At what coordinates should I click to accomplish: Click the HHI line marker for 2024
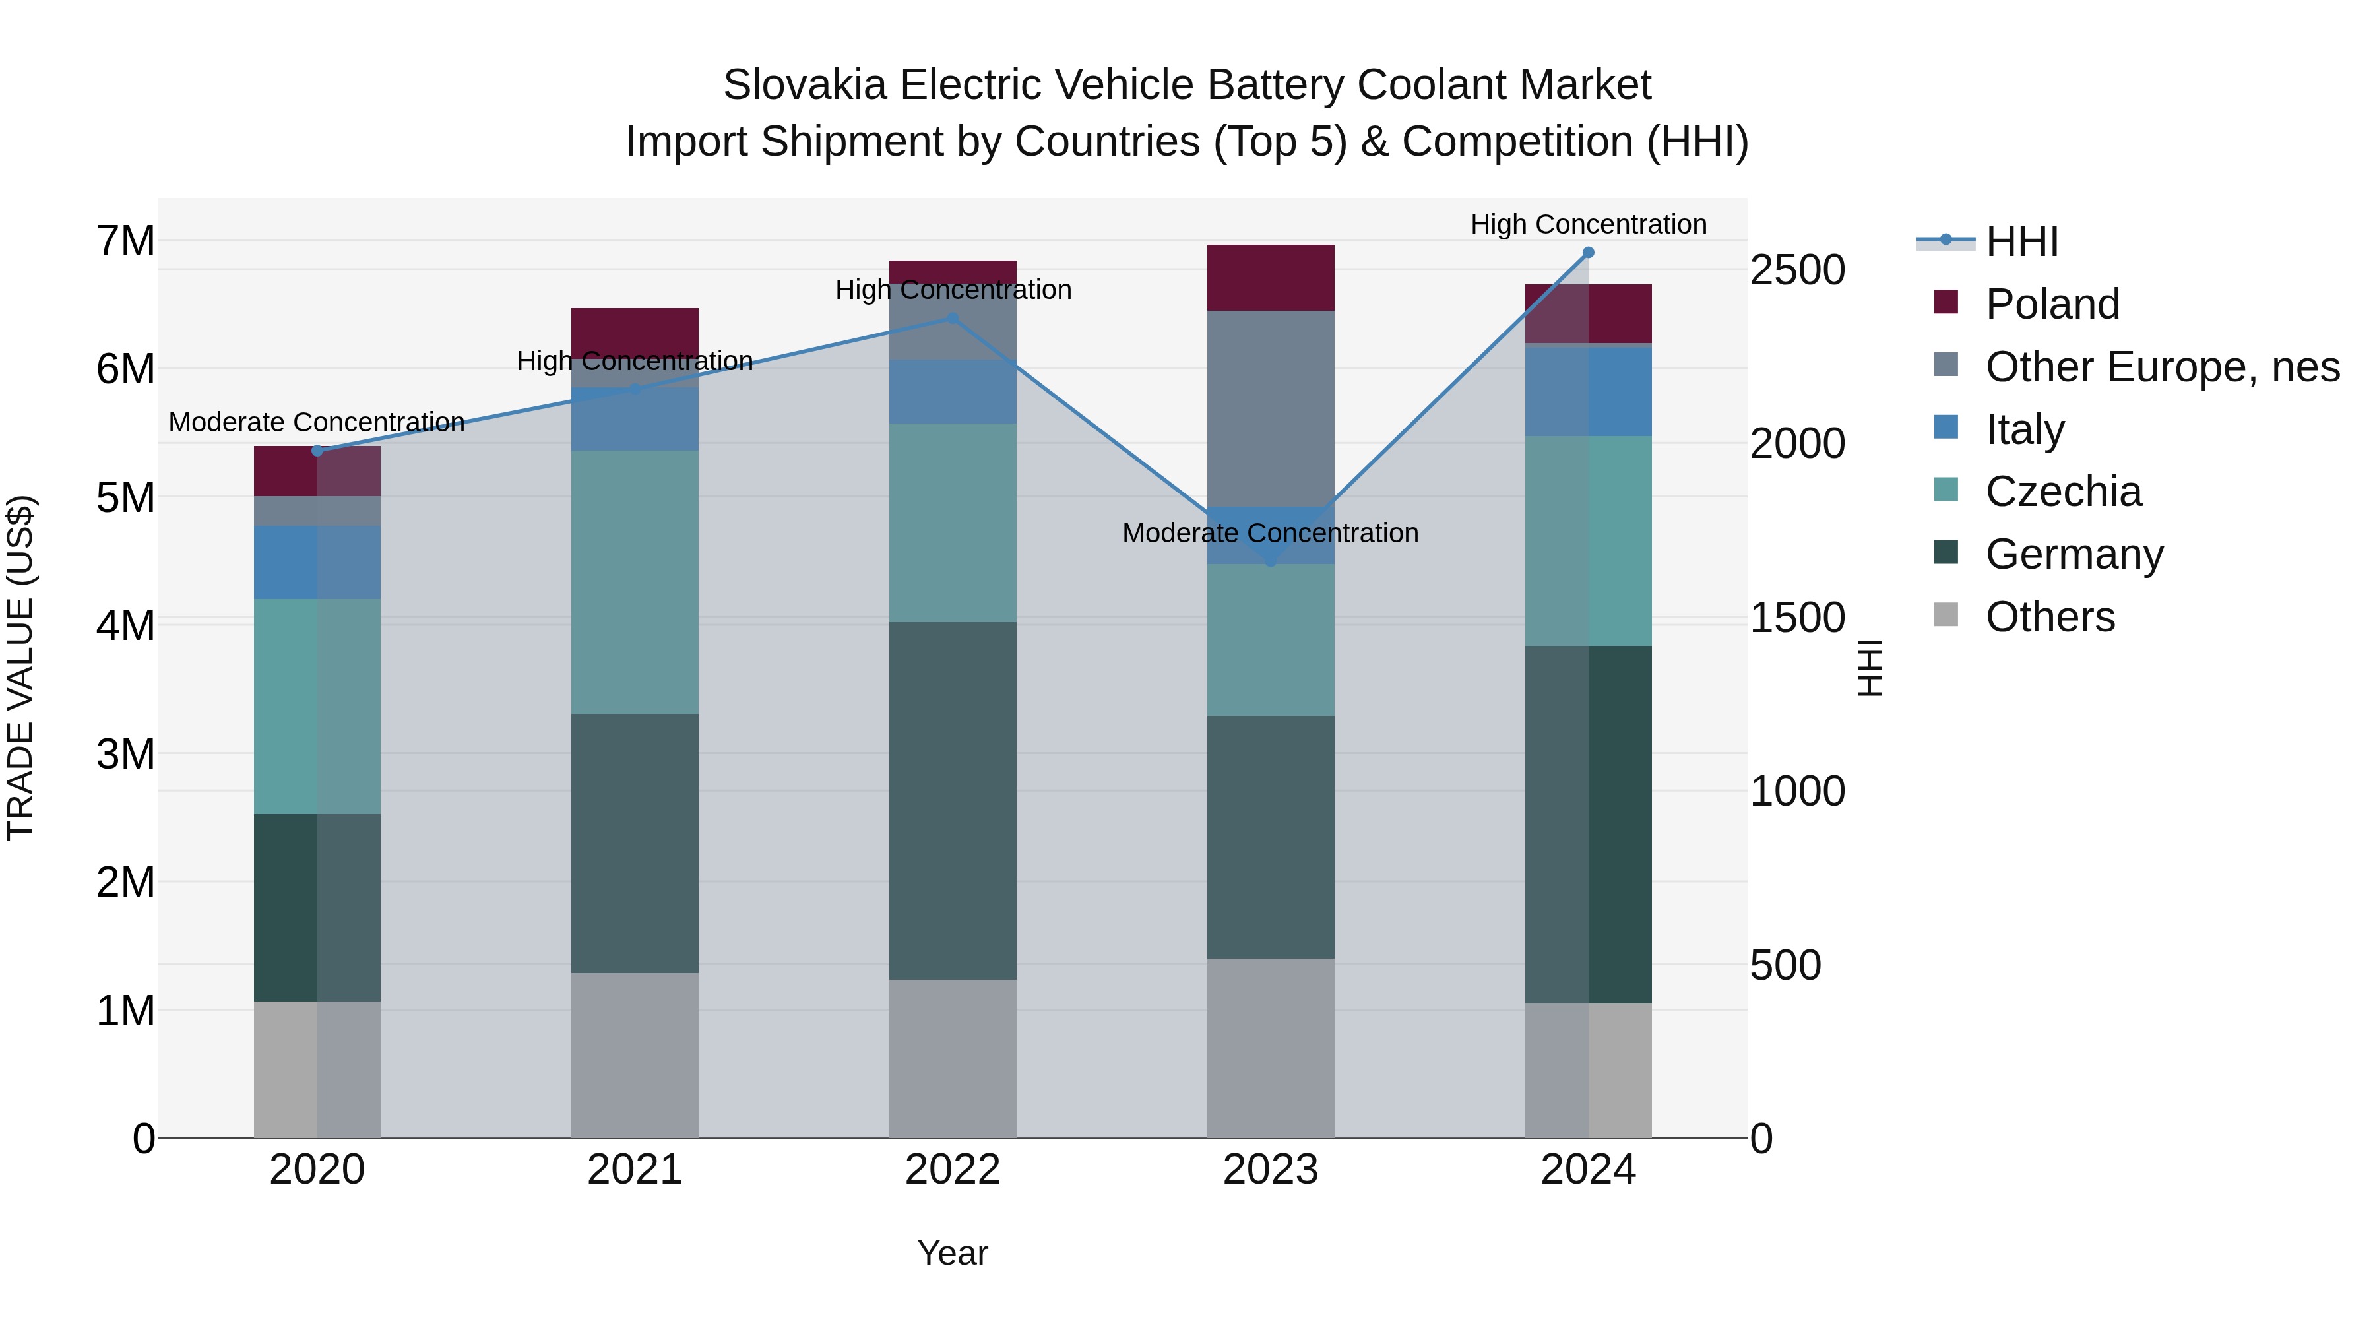[1588, 253]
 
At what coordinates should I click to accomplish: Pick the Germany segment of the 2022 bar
[953, 800]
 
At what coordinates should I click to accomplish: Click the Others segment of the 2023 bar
[1271, 1048]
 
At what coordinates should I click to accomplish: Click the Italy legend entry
[2024, 429]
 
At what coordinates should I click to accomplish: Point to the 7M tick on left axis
[126, 241]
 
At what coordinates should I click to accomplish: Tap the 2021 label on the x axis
[634, 1170]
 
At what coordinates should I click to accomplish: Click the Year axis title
[953, 1253]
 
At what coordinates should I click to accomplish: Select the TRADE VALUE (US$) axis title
[21, 668]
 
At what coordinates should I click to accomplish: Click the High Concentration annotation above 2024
[1588, 224]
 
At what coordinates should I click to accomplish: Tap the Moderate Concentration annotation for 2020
[316, 422]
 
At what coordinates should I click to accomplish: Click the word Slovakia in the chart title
[805, 85]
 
